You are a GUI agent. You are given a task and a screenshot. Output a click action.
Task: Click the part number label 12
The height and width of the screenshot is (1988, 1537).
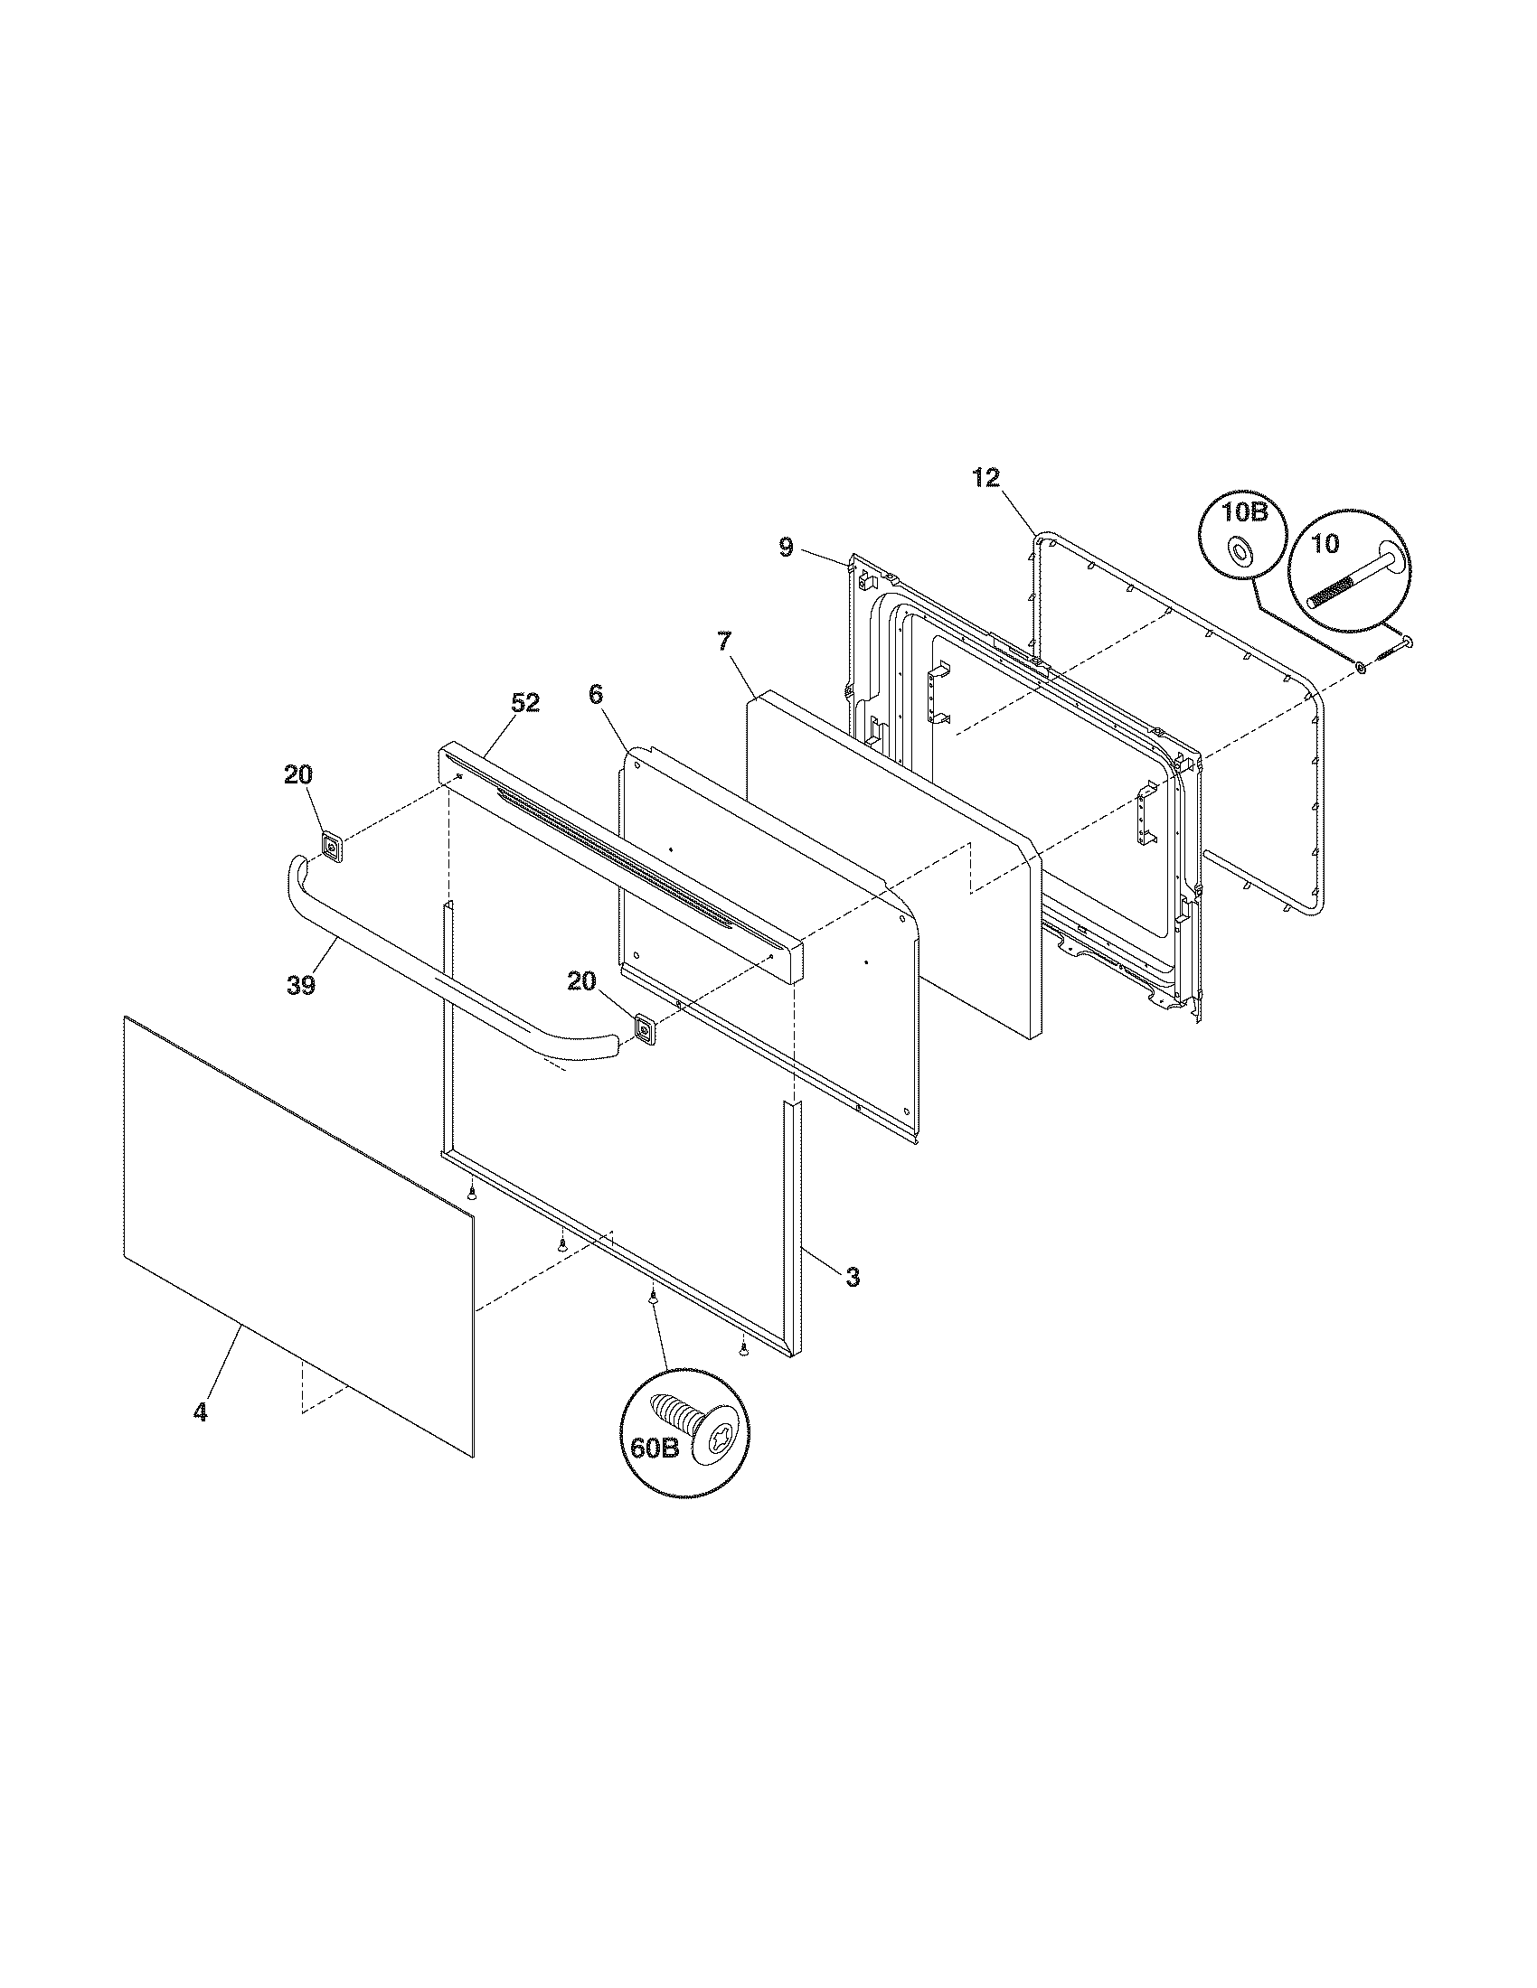pyautogui.click(x=986, y=478)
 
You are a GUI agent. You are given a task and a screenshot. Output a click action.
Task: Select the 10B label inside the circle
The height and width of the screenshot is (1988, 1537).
pyautogui.click(x=1244, y=512)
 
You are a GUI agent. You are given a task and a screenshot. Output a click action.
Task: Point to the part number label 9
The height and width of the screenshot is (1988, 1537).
pyautogui.click(x=786, y=547)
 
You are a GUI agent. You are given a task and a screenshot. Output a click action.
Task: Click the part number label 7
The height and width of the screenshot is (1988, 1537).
pyautogui.click(x=724, y=642)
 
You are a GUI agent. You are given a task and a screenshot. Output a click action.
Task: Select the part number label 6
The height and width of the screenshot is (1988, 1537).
pyautogui.click(x=595, y=695)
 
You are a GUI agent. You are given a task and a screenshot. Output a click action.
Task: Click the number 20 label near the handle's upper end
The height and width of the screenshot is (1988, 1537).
pyautogui.click(x=297, y=774)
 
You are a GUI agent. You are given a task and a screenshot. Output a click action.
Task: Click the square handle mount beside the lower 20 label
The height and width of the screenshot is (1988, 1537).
pyautogui.click(x=646, y=1030)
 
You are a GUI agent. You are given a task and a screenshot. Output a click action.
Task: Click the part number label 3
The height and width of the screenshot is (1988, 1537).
pyautogui.click(x=852, y=1277)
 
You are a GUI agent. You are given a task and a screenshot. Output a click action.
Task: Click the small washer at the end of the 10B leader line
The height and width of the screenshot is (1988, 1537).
pyautogui.click(x=1361, y=669)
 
